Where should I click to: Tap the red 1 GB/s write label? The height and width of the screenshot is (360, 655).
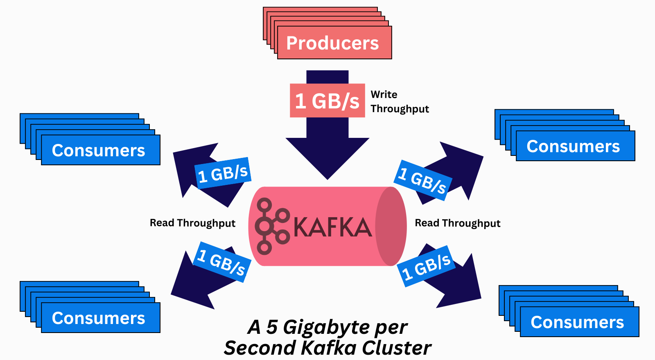(327, 101)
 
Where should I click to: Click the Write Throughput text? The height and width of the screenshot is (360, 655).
(399, 101)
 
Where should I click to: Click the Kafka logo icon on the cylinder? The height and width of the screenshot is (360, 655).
(271, 226)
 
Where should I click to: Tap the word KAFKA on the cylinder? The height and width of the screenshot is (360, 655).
(332, 227)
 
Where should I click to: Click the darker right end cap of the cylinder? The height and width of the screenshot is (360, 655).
(391, 226)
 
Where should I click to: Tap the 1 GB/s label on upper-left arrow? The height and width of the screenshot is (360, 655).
(223, 173)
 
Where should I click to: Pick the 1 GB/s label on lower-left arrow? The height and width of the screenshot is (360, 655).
(221, 262)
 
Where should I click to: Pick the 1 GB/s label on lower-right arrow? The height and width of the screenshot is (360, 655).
(426, 266)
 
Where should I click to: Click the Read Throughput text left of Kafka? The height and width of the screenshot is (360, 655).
(192, 223)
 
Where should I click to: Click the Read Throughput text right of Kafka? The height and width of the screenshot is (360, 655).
(457, 223)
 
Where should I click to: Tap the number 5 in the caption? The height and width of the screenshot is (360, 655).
(272, 327)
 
